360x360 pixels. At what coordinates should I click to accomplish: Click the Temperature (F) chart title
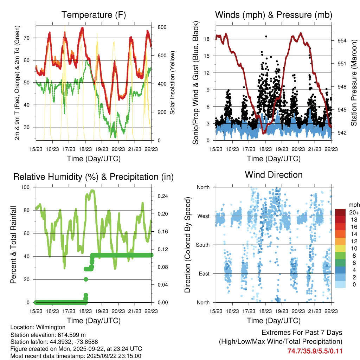pyautogui.click(x=94, y=15)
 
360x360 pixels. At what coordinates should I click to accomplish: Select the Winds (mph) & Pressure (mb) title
pyautogui.click(x=274, y=15)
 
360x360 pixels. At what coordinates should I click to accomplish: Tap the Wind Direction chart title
pyautogui.click(x=274, y=175)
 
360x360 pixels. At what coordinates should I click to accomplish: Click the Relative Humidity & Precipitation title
pyautogui.click(x=94, y=177)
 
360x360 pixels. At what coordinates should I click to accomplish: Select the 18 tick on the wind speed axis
pyautogui.click(x=207, y=39)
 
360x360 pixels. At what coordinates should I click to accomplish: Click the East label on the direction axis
pyautogui.click(x=204, y=274)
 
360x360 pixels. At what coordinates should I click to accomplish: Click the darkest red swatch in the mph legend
pyautogui.click(x=341, y=212)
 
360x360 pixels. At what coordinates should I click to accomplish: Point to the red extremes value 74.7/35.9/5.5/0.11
pyautogui.click(x=315, y=351)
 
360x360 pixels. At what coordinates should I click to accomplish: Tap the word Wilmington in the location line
pyautogui.click(x=51, y=327)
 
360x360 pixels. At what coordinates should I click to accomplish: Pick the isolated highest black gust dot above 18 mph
pyautogui.click(x=266, y=36)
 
